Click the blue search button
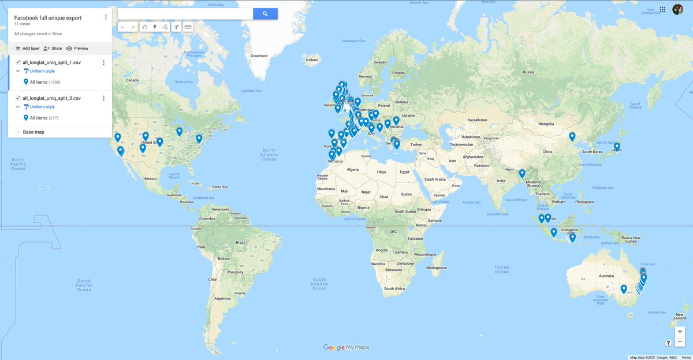click(265, 14)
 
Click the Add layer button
click(27, 49)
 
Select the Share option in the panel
click(53, 49)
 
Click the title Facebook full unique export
click(48, 18)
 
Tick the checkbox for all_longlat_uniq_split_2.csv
click(18, 98)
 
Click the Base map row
click(33, 132)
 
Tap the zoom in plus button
click(680, 332)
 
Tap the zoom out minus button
click(680, 342)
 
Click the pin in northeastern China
click(572, 136)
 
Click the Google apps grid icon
click(662, 9)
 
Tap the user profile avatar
click(677, 9)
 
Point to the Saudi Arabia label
click(439, 179)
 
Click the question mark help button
click(668, 343)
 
